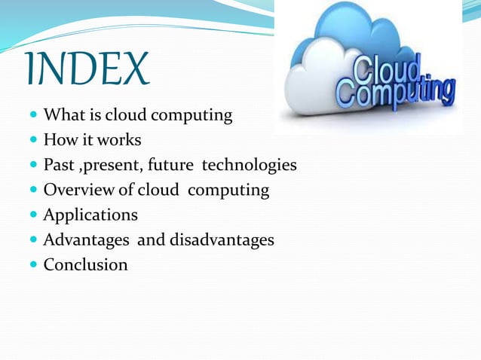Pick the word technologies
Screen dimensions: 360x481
tap(249, 166)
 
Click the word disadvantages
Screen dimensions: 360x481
tap(225, 240)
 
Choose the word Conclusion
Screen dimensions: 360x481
tap(85, 264)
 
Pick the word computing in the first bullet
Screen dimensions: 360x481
tap(195, 117)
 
